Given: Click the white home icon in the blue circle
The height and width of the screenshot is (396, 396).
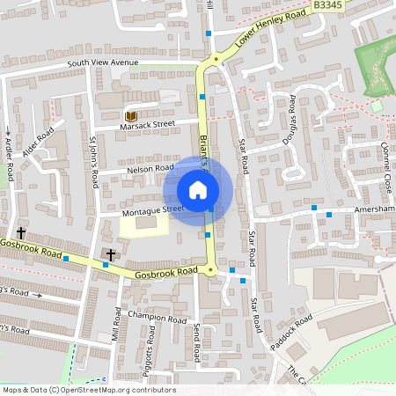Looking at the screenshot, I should point(198,190).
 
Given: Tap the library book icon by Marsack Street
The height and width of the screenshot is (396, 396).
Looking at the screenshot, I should point(131,116).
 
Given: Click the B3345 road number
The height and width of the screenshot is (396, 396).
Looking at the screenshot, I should point(327,6).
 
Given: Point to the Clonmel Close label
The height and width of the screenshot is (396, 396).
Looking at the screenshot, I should point(385,172).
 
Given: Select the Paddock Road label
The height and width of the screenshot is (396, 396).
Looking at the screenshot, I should point(291,334).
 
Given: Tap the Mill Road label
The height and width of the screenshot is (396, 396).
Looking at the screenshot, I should point(115,325).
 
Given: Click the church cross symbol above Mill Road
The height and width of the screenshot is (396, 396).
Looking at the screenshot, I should point(111,254).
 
